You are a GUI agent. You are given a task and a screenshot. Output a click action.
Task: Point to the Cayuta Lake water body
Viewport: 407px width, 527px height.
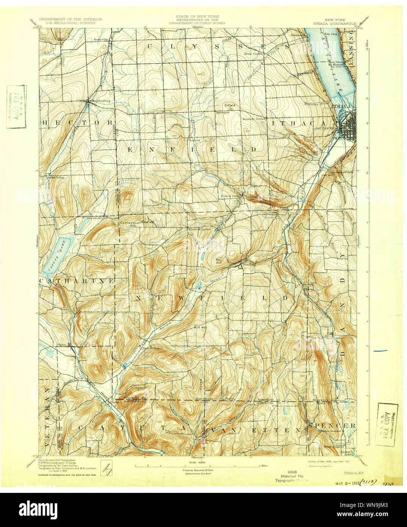57,256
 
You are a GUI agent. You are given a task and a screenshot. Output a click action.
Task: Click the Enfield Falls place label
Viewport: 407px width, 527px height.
231,196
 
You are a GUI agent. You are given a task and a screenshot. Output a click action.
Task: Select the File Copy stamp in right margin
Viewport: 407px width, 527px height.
387,425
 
